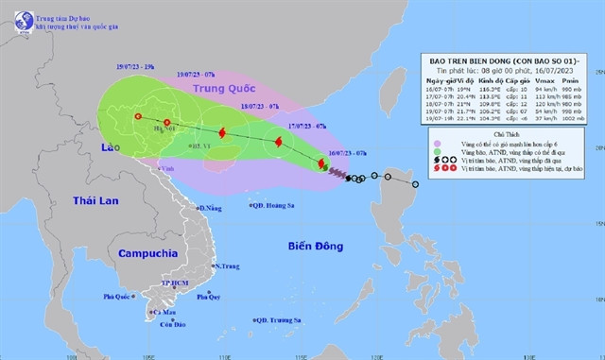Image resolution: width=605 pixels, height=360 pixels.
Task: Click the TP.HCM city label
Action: coord(177,283)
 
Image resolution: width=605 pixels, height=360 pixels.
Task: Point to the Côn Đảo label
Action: coord(173,325)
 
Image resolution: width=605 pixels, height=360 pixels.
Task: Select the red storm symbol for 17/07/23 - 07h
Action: coord(279,143)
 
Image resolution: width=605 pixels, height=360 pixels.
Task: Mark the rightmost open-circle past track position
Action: coord(415,197)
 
